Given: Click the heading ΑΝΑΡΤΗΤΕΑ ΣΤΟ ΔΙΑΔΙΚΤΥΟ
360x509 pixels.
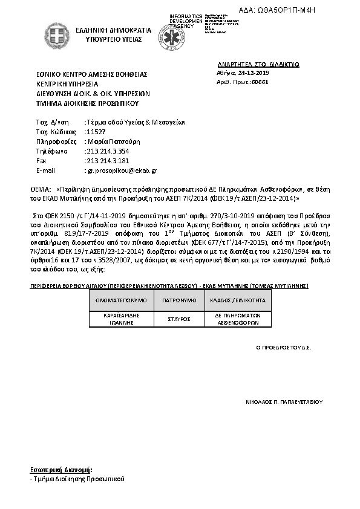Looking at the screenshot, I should pos(258,63).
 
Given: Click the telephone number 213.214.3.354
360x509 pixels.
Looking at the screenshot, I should pos(108,151).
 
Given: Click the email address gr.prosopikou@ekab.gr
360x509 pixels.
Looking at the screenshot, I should pos(122,170).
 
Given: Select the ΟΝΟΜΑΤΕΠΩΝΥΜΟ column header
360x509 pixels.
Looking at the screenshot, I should pos(119,299).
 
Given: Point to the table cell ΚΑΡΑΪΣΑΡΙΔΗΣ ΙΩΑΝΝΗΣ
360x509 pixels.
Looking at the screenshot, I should pos(119,319).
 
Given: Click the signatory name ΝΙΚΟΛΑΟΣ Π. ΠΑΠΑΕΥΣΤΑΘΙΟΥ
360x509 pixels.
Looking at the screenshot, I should pos(284,401).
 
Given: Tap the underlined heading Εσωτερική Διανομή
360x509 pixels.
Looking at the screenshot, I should pos(61,469).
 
